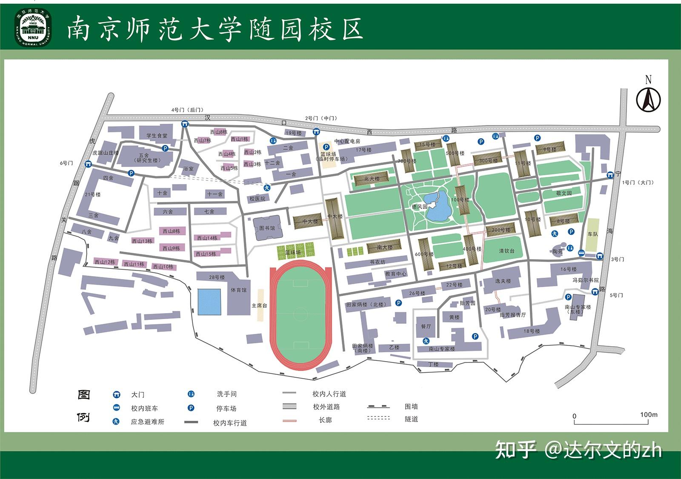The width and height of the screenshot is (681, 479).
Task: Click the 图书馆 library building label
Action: [267, 228]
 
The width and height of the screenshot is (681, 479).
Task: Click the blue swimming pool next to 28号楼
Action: [209, 302]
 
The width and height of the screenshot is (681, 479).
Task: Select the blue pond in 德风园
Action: [438, 206]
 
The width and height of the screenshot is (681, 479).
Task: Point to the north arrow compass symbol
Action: [648, 99]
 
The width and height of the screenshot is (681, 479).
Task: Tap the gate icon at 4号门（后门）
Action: [185, 124]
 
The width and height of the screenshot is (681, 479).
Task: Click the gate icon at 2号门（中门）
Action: [316, 131]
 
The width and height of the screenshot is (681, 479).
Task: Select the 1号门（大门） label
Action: [637, 182]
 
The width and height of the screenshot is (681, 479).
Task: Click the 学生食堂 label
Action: [157, 136]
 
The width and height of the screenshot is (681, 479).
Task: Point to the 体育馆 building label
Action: [238, 290]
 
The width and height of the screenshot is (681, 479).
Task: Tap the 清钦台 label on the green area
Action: [506, 251]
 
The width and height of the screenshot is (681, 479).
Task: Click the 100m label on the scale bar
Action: [649, 415]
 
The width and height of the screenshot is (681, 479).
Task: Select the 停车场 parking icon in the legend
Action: [191, 408]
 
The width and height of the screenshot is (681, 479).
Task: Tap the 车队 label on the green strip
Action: [592, 234]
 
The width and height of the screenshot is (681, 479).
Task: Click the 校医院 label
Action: [257, 199]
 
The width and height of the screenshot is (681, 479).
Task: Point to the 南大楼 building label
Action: [385, 247]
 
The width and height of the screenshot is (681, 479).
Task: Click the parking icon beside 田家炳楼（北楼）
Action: [398, 303]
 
